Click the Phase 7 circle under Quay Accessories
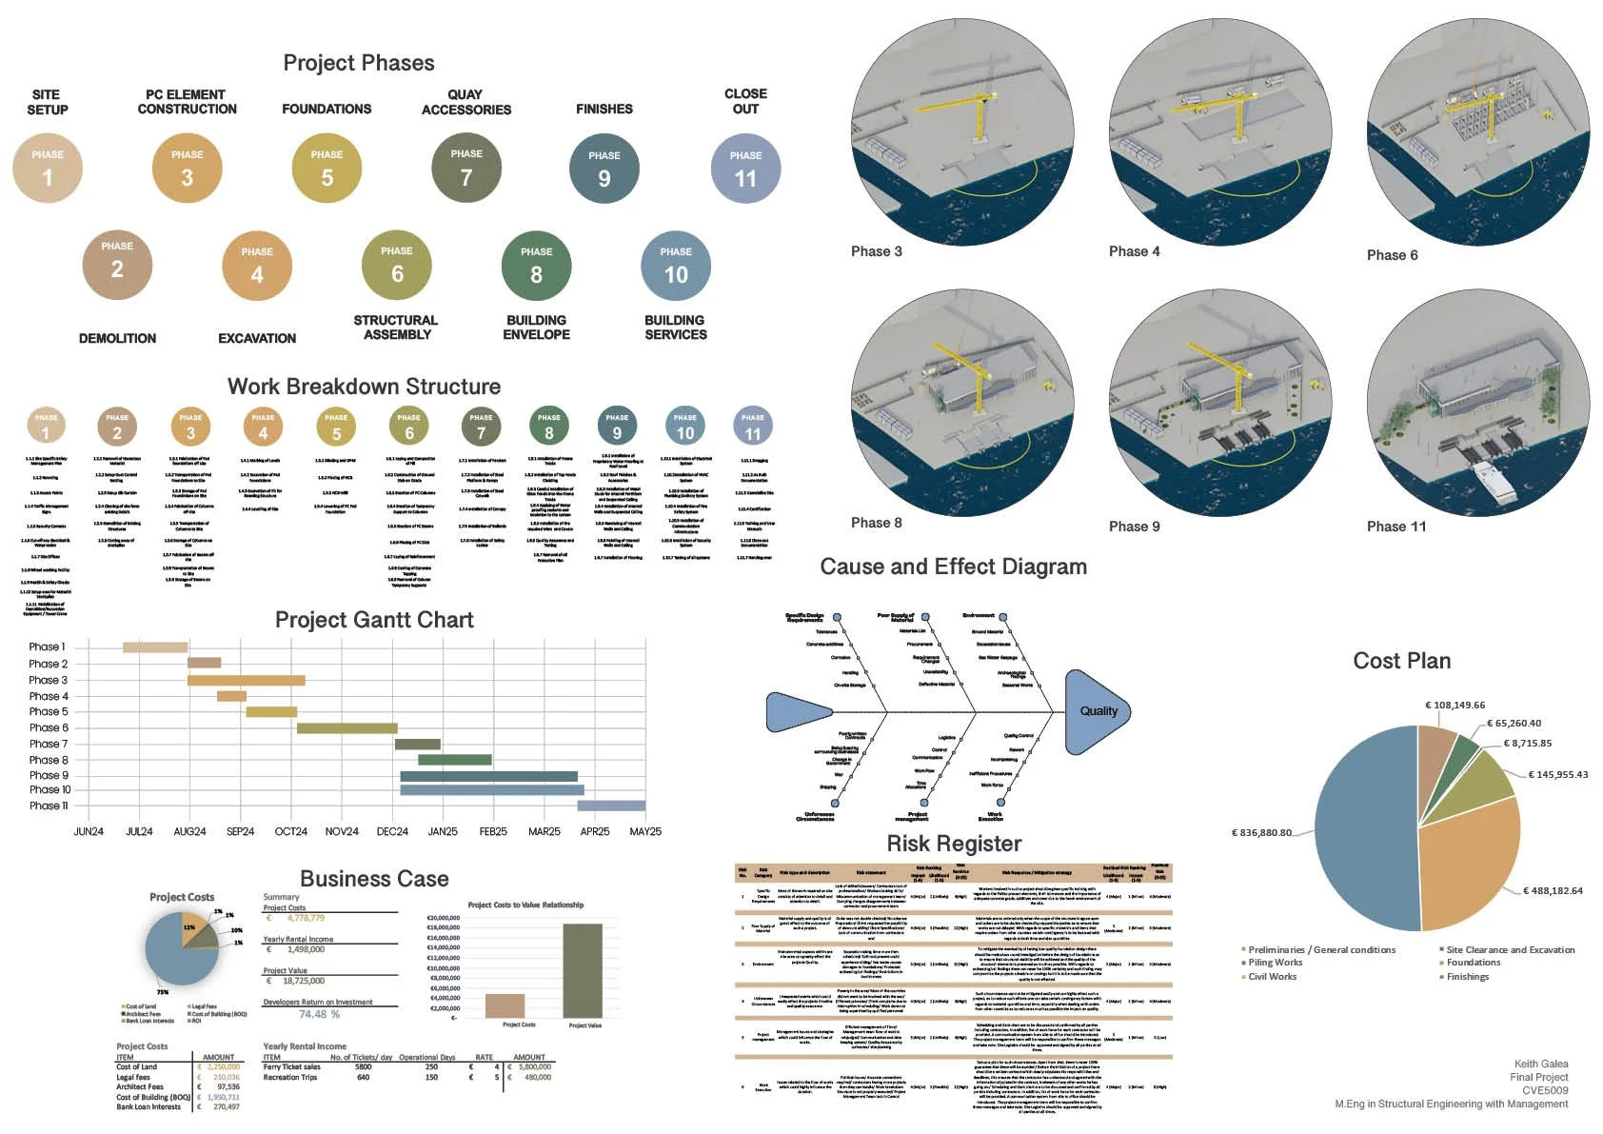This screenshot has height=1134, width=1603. pos(466,169)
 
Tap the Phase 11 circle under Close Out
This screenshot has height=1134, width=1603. pos(745,169)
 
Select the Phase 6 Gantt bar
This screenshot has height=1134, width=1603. pos(346,728)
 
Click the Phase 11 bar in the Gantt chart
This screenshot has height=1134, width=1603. pos(611,806)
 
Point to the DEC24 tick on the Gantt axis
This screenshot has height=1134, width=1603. pos(392,831)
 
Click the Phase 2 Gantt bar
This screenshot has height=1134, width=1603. pos(204,663)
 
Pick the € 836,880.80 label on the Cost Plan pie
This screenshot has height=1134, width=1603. pos(1261,832)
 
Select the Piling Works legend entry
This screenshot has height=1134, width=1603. pos(1275,963)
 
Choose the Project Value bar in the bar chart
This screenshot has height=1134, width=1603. pos(583,969)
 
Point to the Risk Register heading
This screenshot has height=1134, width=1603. pos(954,844)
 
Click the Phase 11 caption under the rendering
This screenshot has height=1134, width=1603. pos(1396,527)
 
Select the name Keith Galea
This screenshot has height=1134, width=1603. pos(1541,1064)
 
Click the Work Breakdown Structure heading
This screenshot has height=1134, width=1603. pos(364,387)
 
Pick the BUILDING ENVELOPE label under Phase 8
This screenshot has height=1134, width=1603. pos(537,328)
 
